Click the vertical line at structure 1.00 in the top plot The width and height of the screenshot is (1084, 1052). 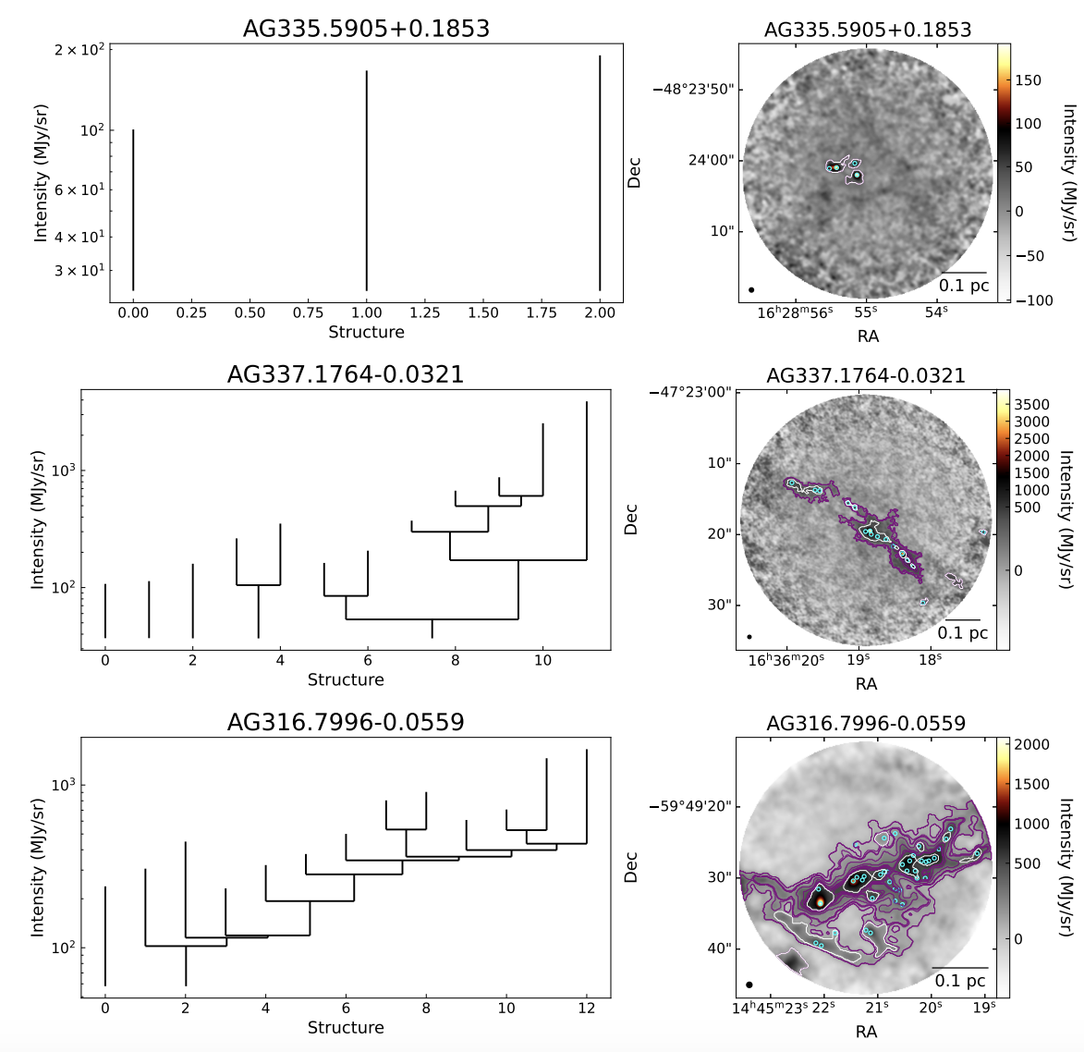(367, 180)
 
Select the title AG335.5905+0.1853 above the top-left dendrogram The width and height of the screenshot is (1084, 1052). (366, 29)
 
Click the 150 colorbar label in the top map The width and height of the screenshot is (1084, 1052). (1028, 80)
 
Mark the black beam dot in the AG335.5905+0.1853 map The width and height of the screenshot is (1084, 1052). (751, 289)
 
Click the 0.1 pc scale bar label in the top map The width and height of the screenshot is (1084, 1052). (964, 286)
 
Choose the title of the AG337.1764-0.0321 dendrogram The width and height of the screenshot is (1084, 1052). (346, 374)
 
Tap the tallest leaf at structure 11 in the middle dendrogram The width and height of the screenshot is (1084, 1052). (587, 481)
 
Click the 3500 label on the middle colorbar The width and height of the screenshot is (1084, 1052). (1032, 405)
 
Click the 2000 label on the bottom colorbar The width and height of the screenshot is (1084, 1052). (1031, 745)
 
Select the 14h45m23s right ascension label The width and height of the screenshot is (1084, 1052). (770, 1008)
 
